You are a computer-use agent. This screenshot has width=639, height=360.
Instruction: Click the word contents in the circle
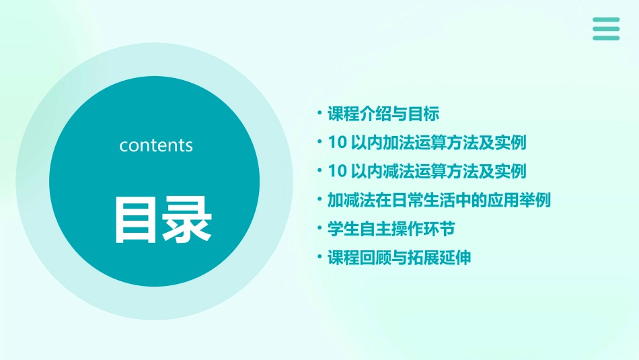click(x=156, y=145)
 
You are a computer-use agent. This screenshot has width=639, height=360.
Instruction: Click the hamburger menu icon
click(x=606, y=29)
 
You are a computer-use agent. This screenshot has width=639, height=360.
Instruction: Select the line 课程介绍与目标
click(x=383, y=114)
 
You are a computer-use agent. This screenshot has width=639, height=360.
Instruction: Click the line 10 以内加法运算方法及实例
click(x=427, y=143)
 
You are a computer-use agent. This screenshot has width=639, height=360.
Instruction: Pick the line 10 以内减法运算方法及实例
click(x=427, y=171)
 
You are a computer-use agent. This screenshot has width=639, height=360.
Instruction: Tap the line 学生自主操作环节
click(x=391, y=229)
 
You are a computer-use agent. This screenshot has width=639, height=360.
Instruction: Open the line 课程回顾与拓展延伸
click(x=400, y=258)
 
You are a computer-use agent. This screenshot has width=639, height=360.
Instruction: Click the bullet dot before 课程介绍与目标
click(x=320, y=114)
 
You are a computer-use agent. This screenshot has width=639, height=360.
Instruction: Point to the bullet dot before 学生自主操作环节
click(x=320, y=229)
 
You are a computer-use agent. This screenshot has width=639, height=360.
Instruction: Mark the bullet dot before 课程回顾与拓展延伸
click(x=320, y=258)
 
